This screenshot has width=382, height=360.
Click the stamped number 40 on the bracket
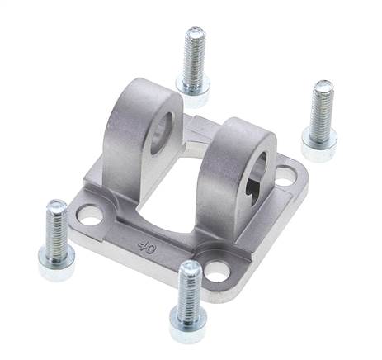tap(147, 248)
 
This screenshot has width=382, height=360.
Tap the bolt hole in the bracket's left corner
tap(88, 214)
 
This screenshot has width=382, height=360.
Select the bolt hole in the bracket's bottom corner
tap(217, 271)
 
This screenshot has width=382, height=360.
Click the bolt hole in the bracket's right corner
tap(285, 177)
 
